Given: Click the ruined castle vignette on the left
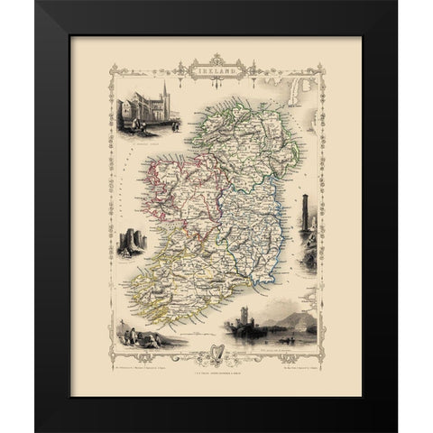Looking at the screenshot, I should (128, 242).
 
